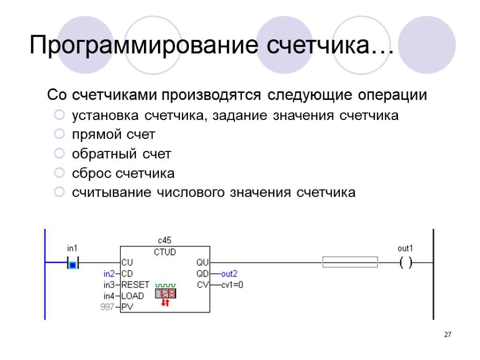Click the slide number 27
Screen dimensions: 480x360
tap(447, 335)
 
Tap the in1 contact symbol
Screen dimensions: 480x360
tap(72, 265)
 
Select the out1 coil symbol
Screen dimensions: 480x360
tap(406, 263)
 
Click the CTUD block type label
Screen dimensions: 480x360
tap(165, 252)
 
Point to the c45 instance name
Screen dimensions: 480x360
tap(165, 241)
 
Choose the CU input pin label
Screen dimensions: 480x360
tap(127, 262)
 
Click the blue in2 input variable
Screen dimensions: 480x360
tap(109, 274)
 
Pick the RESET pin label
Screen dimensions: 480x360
tap(135, 285)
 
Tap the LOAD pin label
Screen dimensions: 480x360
tap(133, 296)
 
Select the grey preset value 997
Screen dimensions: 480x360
tap(108, 307)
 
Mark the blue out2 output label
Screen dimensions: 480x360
tap(229, 274)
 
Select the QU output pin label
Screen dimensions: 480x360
tap(203, 262)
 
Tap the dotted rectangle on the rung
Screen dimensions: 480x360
tap(350, 262)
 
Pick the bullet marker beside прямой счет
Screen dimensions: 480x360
tap(59, 135)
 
